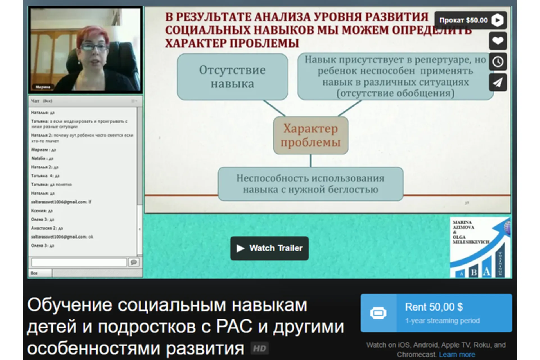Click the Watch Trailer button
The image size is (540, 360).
click(269, 248)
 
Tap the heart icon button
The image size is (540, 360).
click(498, 41)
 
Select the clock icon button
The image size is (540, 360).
click(498, 62)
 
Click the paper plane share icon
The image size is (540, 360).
click(498, 82)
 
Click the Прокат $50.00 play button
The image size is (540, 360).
click(470, 20)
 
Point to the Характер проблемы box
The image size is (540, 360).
click(311, 135)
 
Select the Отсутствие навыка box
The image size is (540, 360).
click(232, 77)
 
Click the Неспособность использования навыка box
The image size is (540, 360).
click(310, 184)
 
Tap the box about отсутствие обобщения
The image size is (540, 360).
click(395, 76)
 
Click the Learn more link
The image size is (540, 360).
click(457, 354)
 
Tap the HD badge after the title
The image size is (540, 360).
click(259, 349)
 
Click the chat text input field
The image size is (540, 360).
click(79, 262)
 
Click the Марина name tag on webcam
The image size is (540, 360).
click(43, 87)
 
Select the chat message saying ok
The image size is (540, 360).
click(62, 237)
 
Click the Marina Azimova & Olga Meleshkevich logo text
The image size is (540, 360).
click(470, 232)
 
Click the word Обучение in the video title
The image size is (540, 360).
click(70, 305)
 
